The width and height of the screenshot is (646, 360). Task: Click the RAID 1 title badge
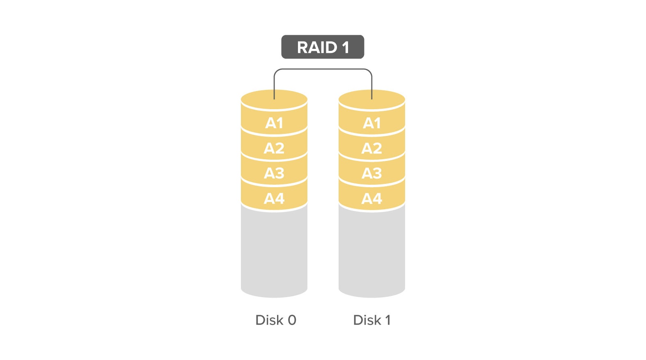click(x=323, y=47)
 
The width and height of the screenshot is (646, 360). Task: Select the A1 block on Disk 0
click(x=274, y=123)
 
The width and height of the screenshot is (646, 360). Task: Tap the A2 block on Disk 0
click(x=274, y=148)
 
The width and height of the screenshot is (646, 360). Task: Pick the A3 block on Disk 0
click(x=274, y=173)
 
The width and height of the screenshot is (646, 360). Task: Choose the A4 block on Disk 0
click(x=274, y=199)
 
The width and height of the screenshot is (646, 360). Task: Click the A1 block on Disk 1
click(x=372, y=123)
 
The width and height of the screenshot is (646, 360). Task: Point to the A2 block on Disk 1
click(x=372, y=148)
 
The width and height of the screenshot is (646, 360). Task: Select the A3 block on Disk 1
click(x=372, y=173)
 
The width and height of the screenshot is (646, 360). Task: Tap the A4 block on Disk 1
click(x=372, y=199)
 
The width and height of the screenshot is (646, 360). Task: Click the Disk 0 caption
click(x=275, y=320)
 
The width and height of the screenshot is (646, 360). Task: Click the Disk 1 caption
click(x=372, y=320)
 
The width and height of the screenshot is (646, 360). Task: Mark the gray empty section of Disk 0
click(x=274, y=250)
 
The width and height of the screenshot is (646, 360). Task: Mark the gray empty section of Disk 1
click(x=372, y=250)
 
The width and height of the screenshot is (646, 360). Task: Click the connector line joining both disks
click(x=323, y=69)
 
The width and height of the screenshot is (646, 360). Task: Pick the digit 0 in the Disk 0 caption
click(x=292, y=320)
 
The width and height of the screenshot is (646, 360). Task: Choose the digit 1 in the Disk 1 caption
click(x=387, y=320)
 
